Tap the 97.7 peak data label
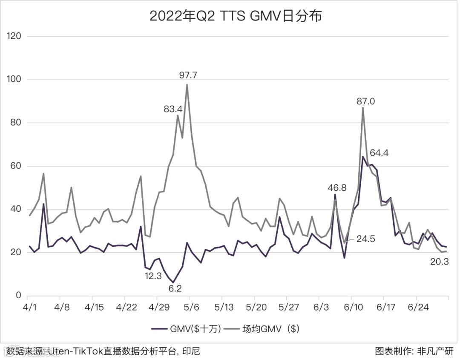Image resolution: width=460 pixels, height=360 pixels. [x=188, y=76]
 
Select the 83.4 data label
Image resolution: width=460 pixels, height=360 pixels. [x=173, y=109]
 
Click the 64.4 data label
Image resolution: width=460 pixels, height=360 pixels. [x=379, y=153]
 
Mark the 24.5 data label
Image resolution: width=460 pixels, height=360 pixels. [x=366, y=239]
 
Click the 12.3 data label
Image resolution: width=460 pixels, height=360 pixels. [x=153, y=276]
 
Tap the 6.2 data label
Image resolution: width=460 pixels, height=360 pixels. [x=175, y=288]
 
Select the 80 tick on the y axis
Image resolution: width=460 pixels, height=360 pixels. [x=16, y=123]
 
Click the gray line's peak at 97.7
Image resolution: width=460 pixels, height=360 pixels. [x=187, y=84]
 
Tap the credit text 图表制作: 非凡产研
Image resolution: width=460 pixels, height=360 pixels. [x=414, y=351]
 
